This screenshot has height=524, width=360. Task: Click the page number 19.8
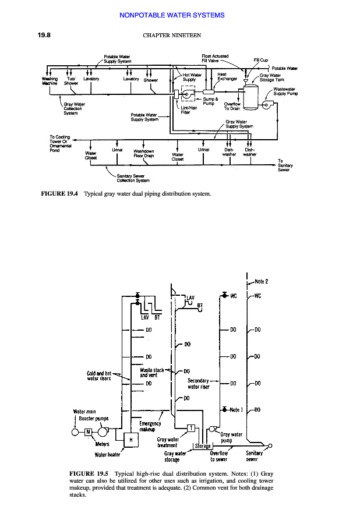(44, 35)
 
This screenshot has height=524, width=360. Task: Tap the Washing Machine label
(50, 81)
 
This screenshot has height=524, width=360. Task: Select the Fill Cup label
(260, 59)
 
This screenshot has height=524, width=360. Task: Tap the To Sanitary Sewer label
(284, 165)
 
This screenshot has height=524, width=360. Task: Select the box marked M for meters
(88, 431)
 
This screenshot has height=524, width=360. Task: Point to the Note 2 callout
(262, 282)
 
